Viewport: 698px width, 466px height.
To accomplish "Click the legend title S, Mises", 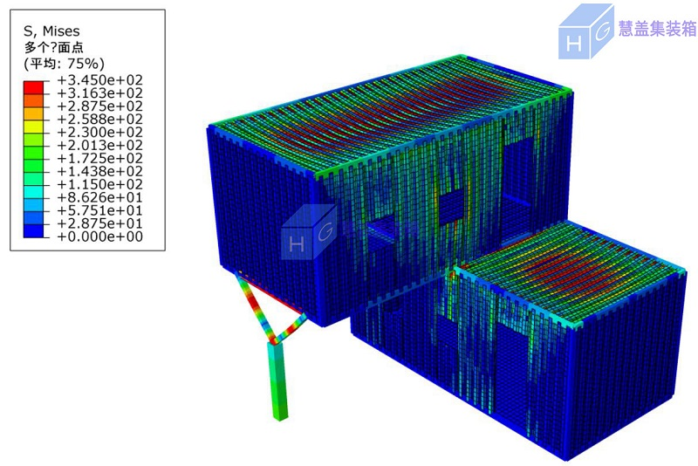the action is click(x=51, y=31).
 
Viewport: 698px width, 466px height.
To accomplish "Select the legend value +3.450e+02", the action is click(x=100, y=80).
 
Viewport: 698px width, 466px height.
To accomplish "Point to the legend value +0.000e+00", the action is click(x=100, y=236).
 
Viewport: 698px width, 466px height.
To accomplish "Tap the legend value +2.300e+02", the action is click(x=100, y=132).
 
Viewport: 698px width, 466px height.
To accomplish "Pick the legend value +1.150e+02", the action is click(x=100, y=184).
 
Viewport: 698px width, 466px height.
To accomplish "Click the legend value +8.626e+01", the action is click(x=100, y=197).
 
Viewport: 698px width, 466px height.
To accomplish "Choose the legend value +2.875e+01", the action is click(x=100, y=223).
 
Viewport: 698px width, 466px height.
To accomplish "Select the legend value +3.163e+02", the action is click(x=100, y=93).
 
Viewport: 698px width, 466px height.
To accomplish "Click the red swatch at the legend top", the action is click(x=34, y=87).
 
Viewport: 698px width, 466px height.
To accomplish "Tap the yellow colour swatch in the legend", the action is click(x=34, y=127).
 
